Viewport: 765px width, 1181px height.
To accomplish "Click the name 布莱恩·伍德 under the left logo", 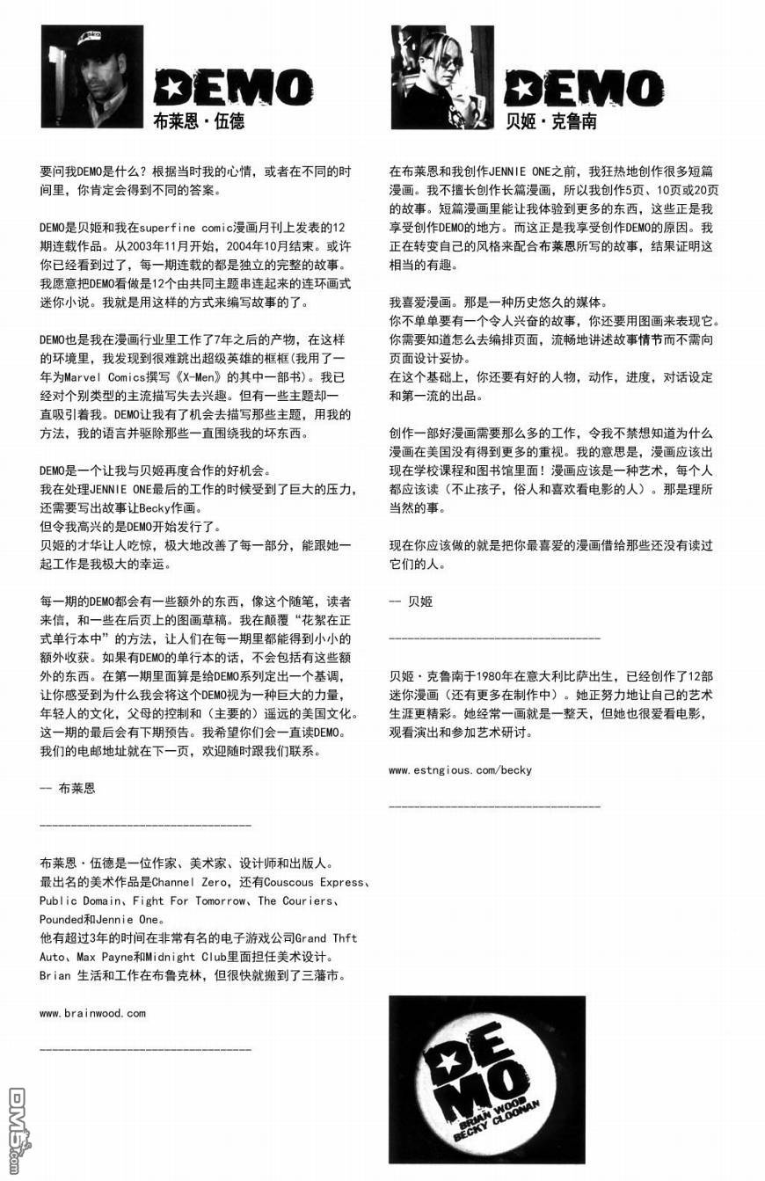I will (x=199, y=121).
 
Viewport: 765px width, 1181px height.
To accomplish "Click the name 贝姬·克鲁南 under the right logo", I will (x=551, y=121).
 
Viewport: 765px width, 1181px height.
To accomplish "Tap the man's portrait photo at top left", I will (x=92, y=77).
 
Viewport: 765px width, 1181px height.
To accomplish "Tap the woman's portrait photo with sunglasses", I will (x=442, y=77).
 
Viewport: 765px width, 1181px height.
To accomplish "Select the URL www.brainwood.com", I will (x=92, y=1012).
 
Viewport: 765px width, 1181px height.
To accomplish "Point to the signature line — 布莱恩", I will (x=69, y=788).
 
